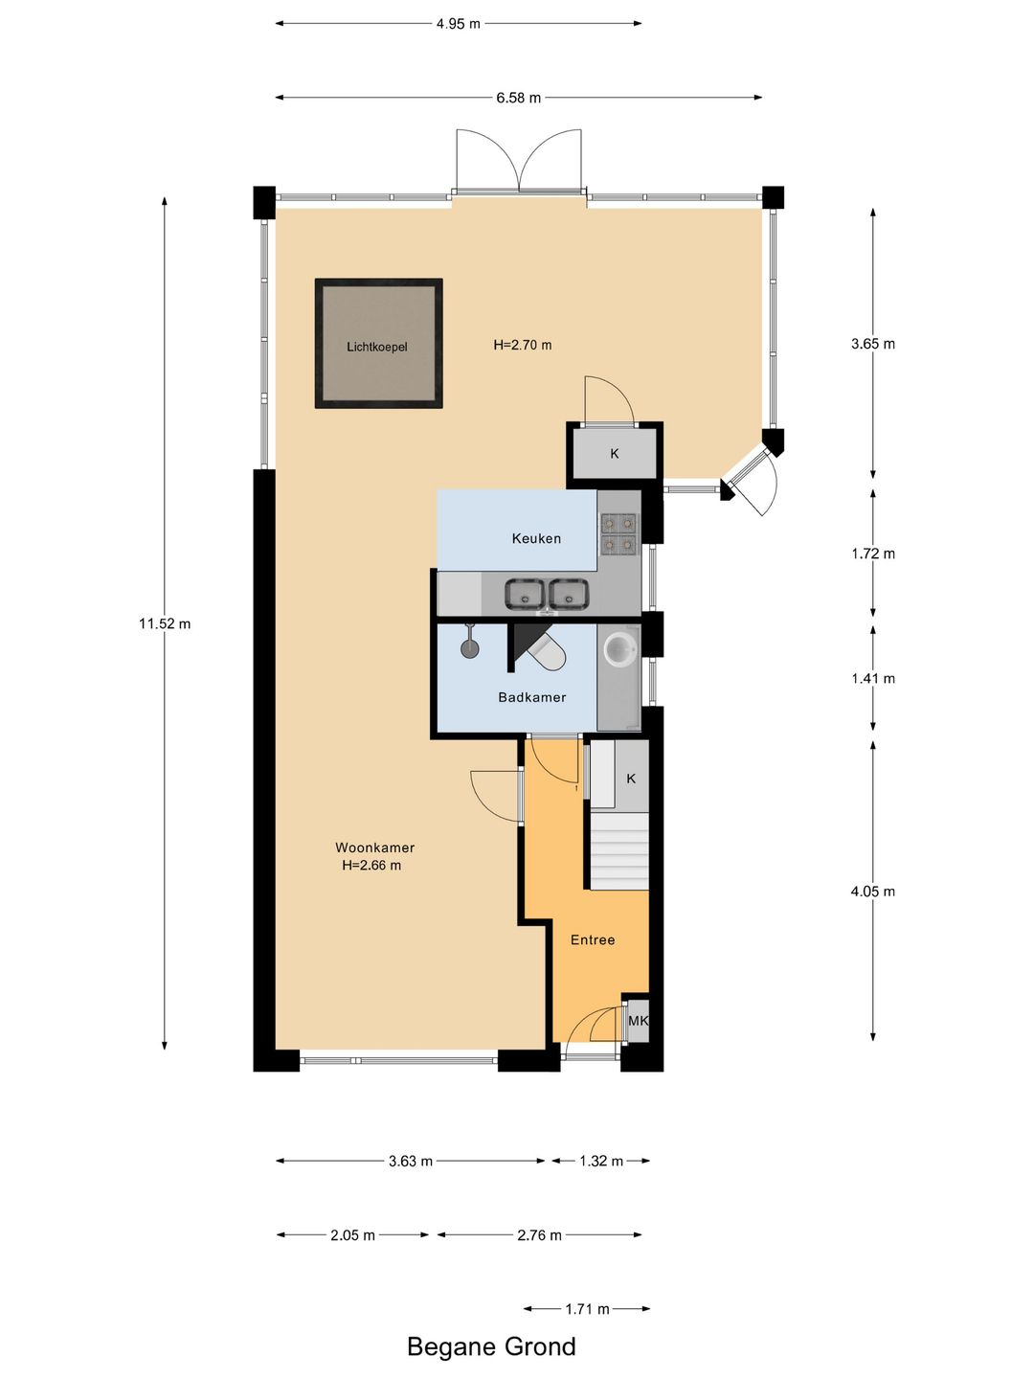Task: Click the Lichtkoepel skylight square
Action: (378, 344)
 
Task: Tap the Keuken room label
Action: (536, 538)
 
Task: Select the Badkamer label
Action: (531, 697)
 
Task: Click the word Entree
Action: (592, 939)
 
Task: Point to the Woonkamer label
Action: (374, 848)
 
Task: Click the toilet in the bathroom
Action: (547, 649)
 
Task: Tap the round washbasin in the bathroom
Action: (620, 647)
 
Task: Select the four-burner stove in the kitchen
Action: (618, 534)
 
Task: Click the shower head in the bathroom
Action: (469, 642)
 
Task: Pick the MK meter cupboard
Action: (638, 1021)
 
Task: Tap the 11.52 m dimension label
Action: (165, 623)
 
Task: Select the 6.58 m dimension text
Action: (519, 98)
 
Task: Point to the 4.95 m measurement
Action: (459, 24)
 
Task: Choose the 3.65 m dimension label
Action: (872, 344)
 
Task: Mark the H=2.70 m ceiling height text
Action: (523, 345)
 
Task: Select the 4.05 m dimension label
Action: (872, 892)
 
